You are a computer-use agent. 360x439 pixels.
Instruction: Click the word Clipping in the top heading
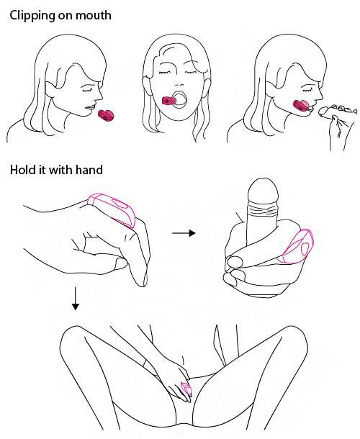click(32, 16)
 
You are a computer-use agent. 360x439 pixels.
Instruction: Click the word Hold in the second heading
click(22, 170)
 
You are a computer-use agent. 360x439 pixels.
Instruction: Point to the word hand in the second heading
click(89, 170)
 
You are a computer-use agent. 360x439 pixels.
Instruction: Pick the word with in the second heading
click(60, 170)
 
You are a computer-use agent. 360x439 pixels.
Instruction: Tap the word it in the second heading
click(40, 170)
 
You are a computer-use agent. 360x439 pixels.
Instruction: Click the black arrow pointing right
click(184, 233)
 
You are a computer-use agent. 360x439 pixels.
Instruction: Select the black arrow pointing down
click(75, 299)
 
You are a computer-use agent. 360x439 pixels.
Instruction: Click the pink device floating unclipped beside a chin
click(106, 115)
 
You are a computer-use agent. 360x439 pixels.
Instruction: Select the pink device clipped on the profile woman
click(301, 106)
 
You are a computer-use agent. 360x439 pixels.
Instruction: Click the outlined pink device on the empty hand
click(112, 209)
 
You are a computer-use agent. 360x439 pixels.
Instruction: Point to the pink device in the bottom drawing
click(186, 389)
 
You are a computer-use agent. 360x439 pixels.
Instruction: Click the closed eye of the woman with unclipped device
click(87, 90)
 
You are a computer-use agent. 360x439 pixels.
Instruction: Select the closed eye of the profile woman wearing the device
click(307, 90)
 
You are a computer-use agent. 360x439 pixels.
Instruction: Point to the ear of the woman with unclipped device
click(51, 89)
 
